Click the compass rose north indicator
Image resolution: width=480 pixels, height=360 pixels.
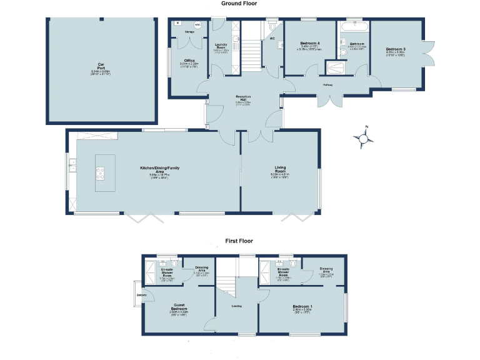point(362,138)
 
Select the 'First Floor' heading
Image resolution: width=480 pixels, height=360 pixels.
point(239,240)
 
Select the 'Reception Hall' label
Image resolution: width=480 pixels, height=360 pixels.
point(243,97)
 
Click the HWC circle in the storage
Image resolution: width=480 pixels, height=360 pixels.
point(197,26)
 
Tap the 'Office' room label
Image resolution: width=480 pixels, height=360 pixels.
point(188,61)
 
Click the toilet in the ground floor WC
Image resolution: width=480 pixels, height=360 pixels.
point(272,28)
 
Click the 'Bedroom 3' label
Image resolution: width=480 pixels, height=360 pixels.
point(396,49)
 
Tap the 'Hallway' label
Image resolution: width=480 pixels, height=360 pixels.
point(327,85)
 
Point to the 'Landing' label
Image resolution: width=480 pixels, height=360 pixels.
point(237,306)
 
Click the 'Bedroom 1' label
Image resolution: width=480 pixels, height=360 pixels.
point(302,306)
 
